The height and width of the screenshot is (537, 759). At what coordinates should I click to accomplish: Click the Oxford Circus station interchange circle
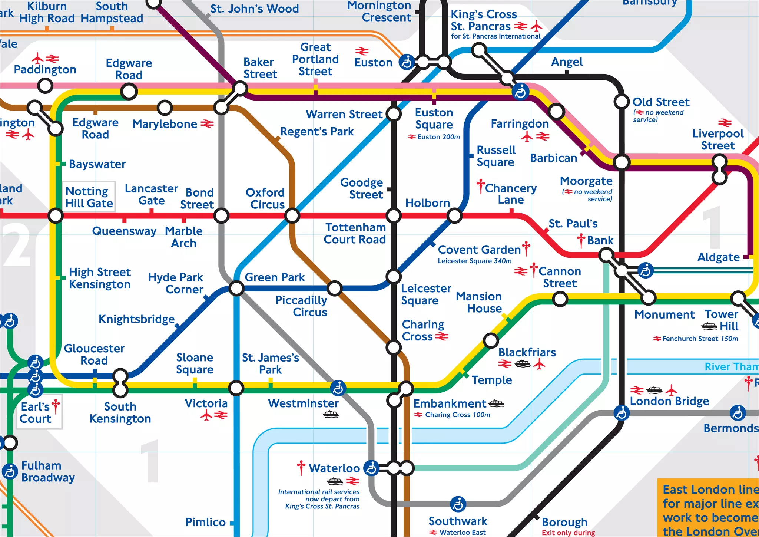click(x=292, y=215)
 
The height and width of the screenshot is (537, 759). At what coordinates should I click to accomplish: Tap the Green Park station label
click(x=275, y=277)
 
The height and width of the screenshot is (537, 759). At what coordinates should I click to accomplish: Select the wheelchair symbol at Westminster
click(x=338, y=388)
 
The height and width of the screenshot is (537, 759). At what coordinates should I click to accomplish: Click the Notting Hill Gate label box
click(x=89, y=197)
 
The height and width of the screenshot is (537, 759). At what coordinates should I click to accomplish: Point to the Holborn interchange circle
click(x=454, y=215)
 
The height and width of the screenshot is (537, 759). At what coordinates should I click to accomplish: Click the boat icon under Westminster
click(x=331, y=414)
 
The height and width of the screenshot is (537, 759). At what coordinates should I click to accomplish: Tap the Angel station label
click(x=567, y=62)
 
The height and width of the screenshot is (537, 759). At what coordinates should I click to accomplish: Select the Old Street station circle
click(x=622, y=102)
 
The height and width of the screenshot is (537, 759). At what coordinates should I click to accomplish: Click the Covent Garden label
click(x=479, y=250)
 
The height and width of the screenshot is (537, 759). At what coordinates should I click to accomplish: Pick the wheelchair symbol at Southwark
click(x=458, y=504)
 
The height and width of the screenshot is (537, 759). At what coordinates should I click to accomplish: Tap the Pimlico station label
click(x=205, y=522)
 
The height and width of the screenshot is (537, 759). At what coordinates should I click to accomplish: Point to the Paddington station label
click(x=45, y=70)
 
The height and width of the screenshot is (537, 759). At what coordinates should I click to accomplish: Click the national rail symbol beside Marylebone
click(x=207, y=124)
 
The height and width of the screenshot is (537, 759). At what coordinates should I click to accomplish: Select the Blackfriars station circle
click(x=491, y=340)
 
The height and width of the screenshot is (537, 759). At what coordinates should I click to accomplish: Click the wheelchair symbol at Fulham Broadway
click(x=10, y=471)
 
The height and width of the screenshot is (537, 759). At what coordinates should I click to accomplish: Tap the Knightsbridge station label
click(x=136, y=319)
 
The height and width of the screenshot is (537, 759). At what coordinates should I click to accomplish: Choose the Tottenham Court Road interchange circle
click(x=393, y=215)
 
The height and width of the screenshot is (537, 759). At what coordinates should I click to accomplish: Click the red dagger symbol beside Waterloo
click(x=301, y=468)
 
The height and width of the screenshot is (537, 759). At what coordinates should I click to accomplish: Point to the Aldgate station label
click(x=718, y=257)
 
